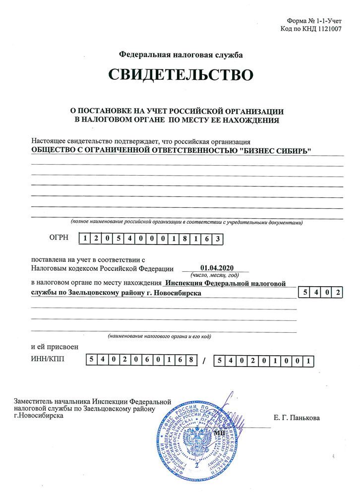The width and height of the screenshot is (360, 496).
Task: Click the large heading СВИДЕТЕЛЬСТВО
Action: pos(180,75)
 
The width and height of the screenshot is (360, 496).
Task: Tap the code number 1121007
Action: pos(327,29)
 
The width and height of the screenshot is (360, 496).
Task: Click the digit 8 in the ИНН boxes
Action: pos(189,360)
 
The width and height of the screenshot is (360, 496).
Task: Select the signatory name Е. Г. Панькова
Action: pos(297,418)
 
